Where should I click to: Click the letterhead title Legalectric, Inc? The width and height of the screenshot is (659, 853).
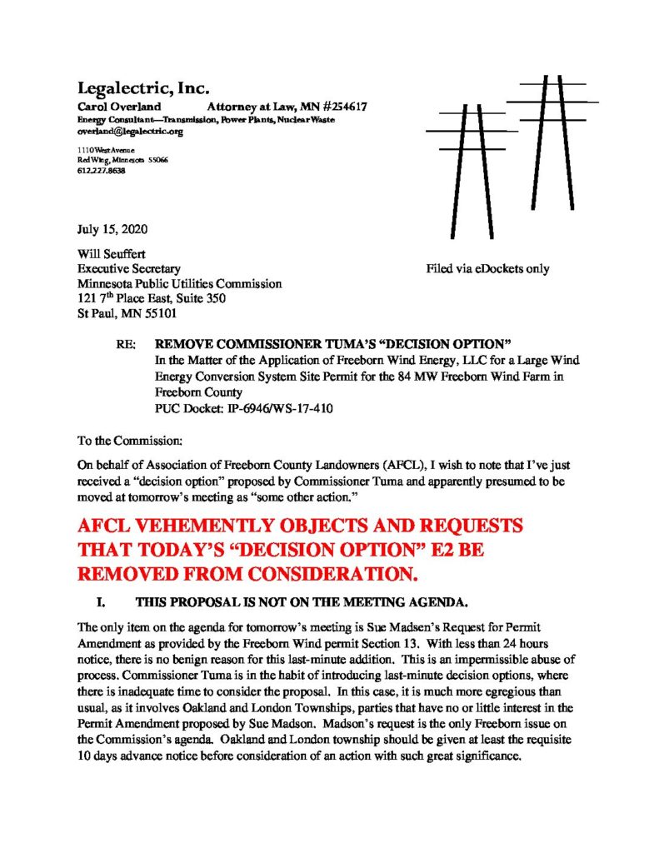pos(142,87)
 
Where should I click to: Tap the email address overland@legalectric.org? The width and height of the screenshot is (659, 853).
pos(123,132)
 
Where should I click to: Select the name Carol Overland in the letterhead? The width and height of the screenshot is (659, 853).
pos(112,107)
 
